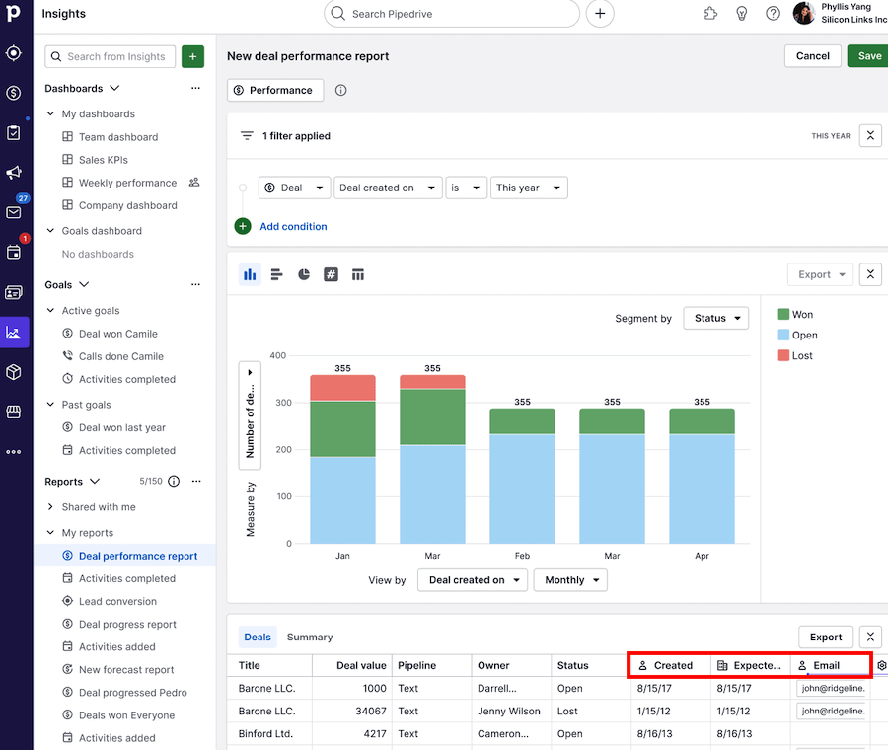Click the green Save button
click(868, 56)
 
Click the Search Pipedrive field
click(452, 14)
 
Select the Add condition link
click(293, 226)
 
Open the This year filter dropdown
click(529, 187)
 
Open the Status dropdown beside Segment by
click(715, 318)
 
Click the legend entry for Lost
click(801, 355)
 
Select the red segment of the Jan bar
click(342, 388)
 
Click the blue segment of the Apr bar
click(702, 488)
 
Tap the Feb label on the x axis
click(522, 556)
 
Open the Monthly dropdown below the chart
click(570, 580)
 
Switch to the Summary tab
click(310, 637)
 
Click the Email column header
click(826, 665)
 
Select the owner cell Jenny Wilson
click(508, 711)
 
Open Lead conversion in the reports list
click(117, 601)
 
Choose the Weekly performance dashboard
click(127, 183)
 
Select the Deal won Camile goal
click(117, 334)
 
